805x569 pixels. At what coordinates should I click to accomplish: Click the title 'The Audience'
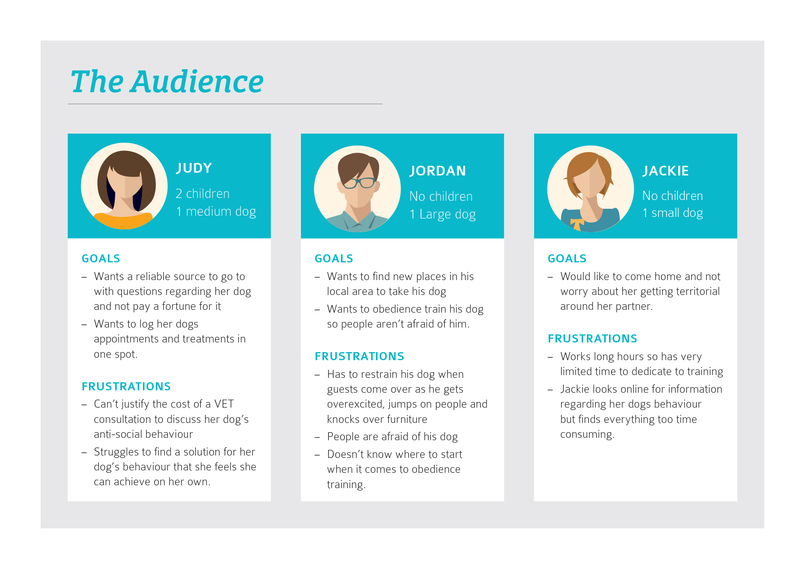(167, 82)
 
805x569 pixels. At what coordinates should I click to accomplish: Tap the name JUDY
(194, 168)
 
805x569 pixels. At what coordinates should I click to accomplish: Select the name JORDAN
(438, 171)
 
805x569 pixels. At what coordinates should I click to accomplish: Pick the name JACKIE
(665, 171)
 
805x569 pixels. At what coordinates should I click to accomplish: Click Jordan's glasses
(359, 183)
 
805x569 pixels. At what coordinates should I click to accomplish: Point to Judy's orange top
(123, 221)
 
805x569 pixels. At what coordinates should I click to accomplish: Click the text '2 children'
(202, 194)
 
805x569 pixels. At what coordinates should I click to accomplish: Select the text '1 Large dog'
(442, 214)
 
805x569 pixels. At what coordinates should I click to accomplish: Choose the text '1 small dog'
(673, 212)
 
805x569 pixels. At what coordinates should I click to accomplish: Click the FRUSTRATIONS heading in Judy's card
(126, 386)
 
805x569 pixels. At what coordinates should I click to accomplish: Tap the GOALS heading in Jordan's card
(334, 258)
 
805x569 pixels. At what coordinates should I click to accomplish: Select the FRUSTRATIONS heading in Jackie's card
(592, 338)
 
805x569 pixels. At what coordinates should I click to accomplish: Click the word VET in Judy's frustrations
(224, 404)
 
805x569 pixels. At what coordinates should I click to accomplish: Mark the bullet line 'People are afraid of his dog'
(392, 437)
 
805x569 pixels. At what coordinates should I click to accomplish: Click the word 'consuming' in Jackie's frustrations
(587, 435)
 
